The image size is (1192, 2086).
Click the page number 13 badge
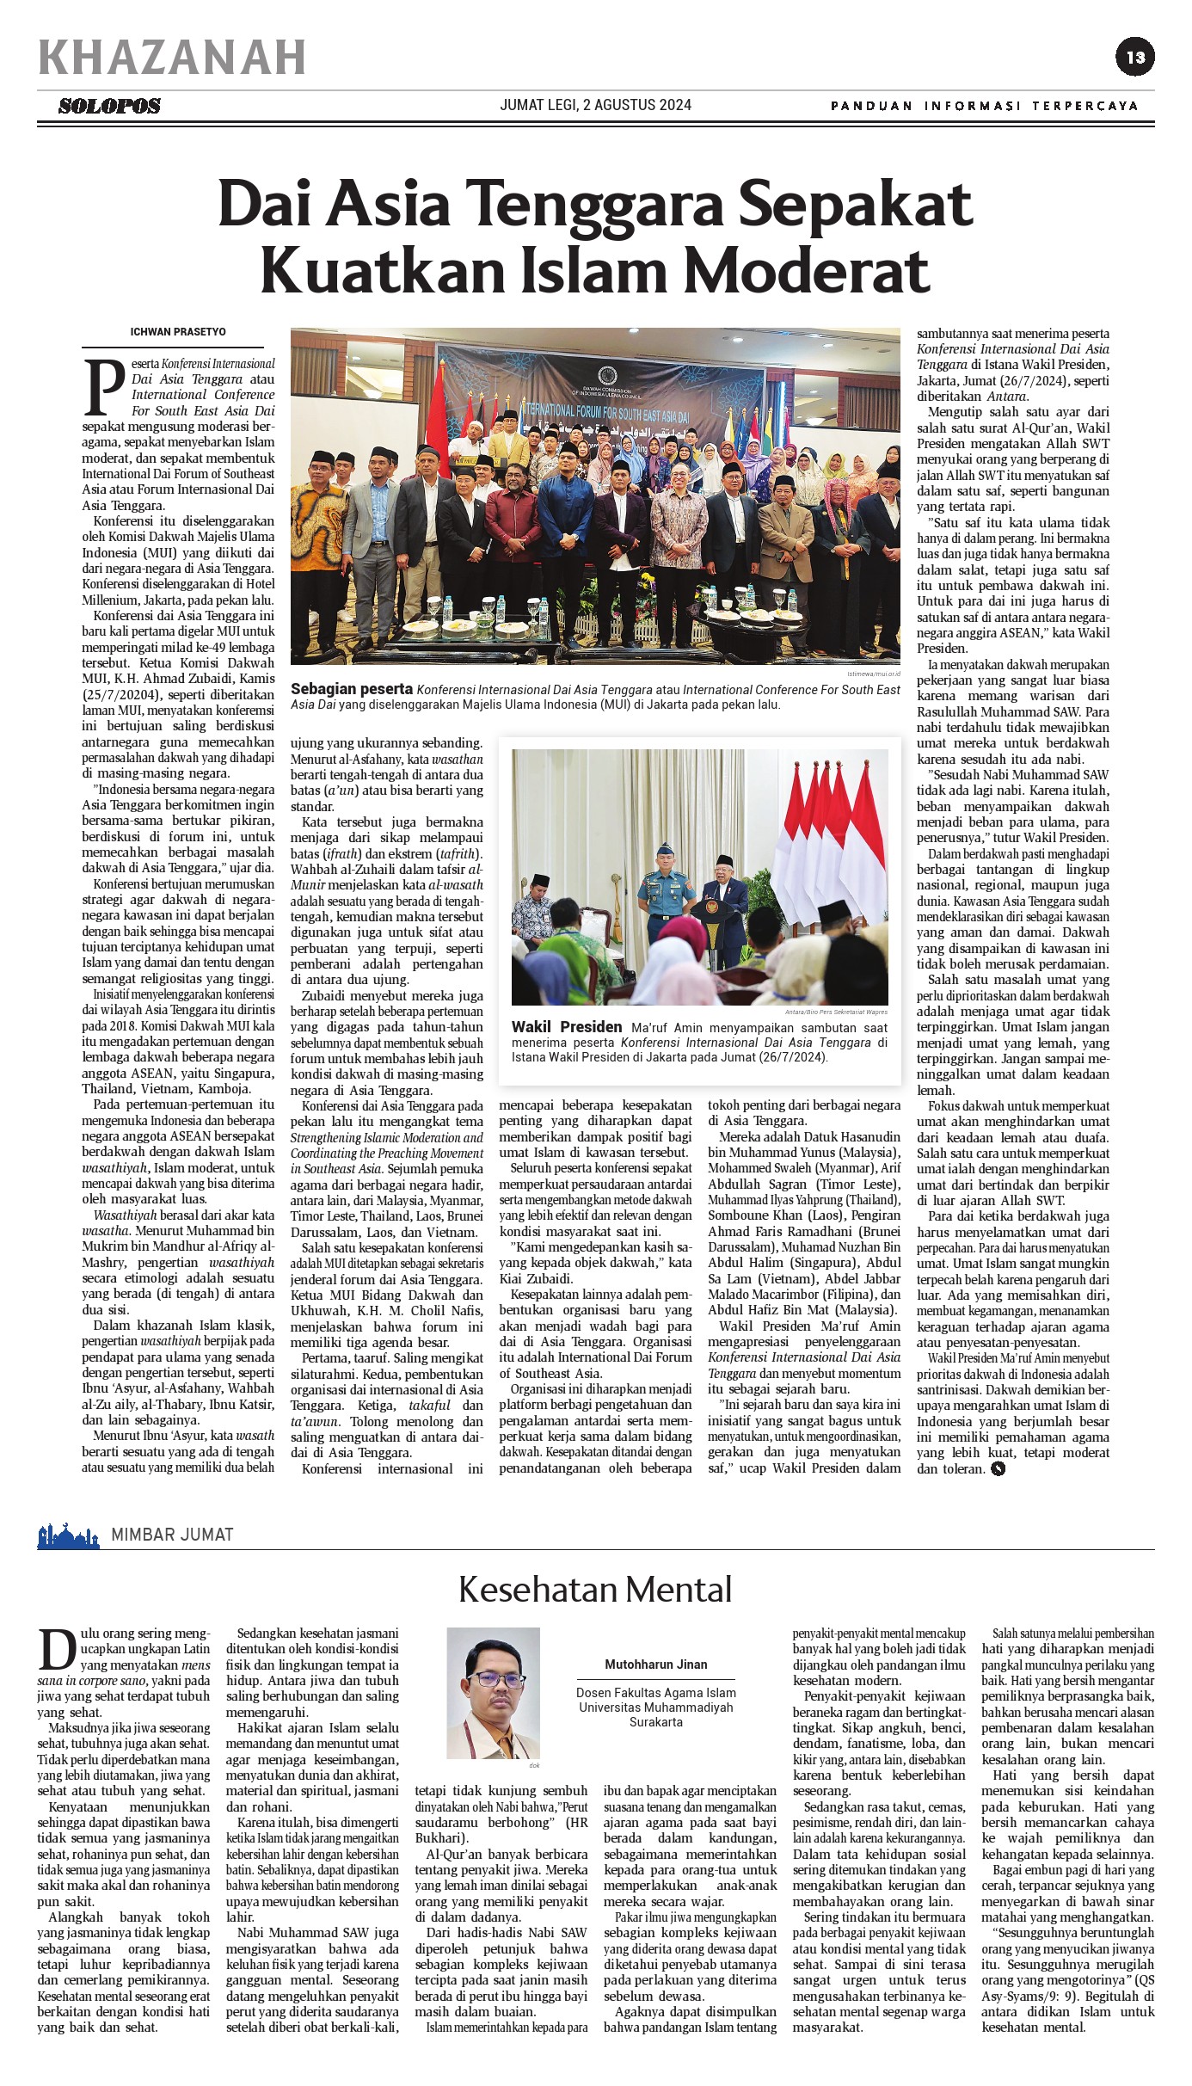coord(1135,58)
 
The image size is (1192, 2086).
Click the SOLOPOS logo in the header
coord(109,106)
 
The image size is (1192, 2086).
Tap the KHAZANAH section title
coord(172,58)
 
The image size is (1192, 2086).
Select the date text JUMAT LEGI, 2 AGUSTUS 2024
coord(595,105)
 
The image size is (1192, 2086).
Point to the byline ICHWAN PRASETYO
coord(178,331)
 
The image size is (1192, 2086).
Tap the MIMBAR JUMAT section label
coord(172,1535)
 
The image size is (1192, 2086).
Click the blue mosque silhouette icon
coord(68,1535)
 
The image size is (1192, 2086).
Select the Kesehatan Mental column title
coord(595,1589)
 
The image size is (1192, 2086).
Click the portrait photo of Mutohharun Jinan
coord(493,1693)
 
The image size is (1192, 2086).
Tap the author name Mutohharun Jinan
coord(655,1664)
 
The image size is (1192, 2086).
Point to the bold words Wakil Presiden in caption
coord(566,1027)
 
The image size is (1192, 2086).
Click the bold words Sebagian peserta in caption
coord(352,689)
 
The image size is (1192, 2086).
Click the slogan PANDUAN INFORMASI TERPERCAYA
coord(984,106)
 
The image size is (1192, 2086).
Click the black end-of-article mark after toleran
coord(998,1469)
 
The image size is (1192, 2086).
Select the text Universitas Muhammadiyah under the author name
coord(655,1708)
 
